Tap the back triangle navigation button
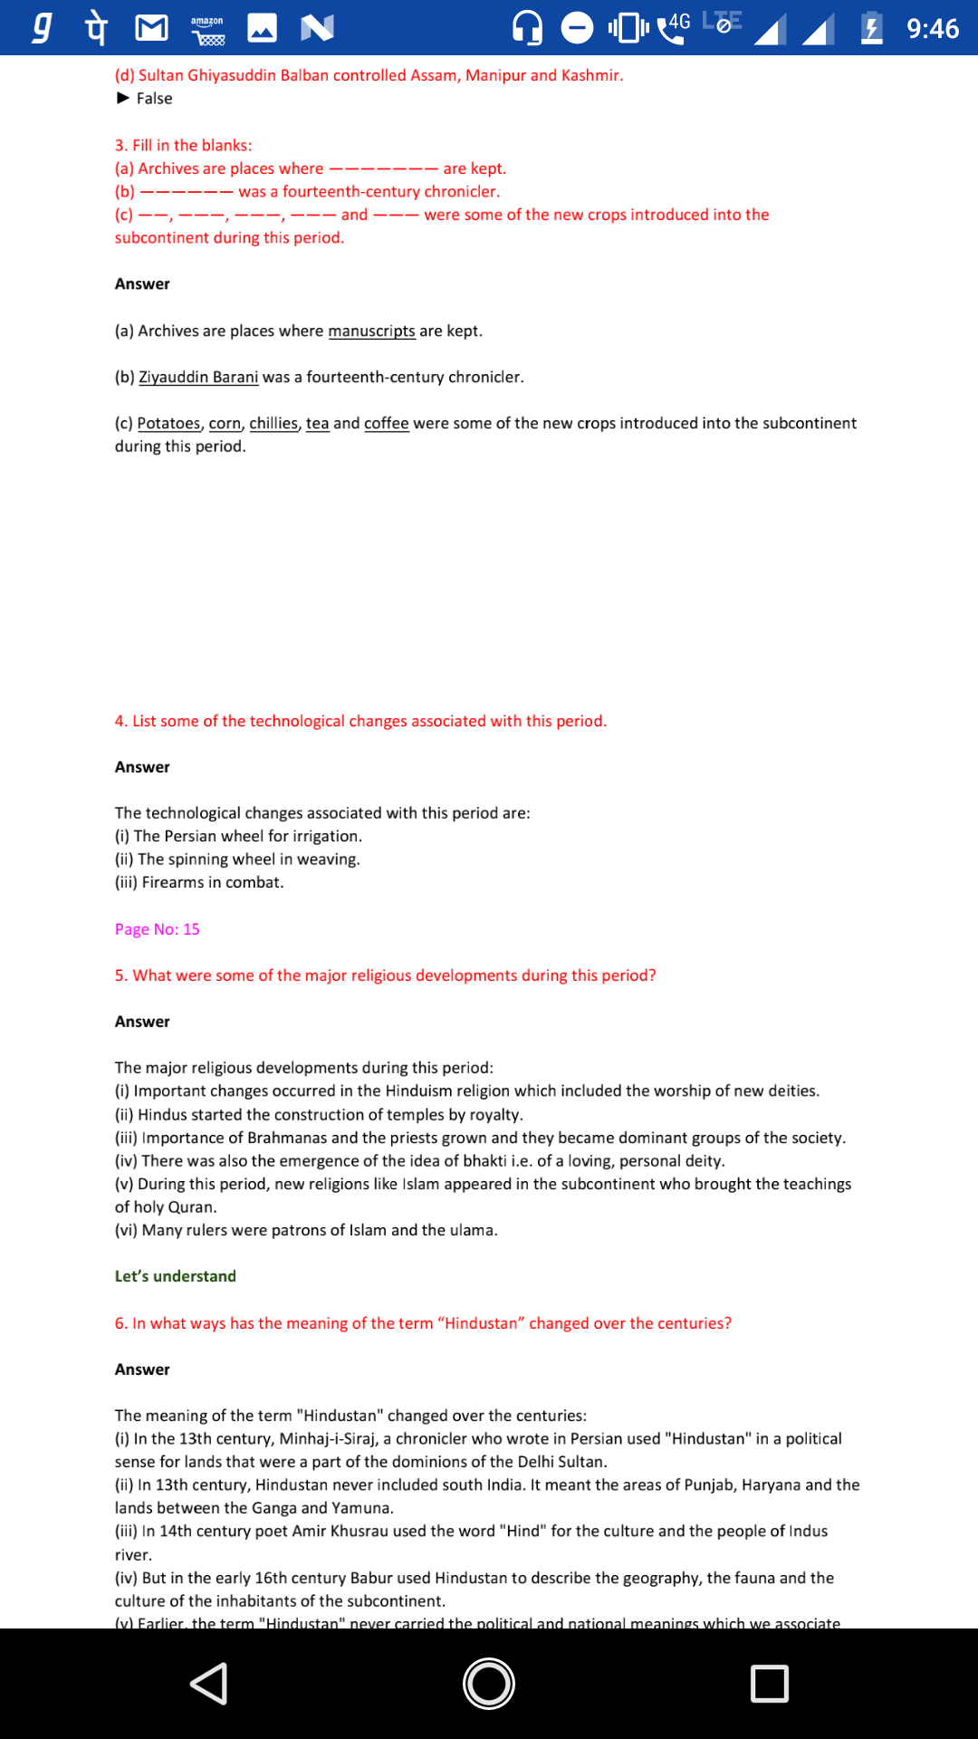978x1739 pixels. tap(209, 1684)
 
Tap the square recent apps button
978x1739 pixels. tap(769, 1684)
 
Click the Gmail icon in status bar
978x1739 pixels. tap(151, 28)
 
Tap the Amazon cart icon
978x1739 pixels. tap(207, 30)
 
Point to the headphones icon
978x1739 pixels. tap(527, 28)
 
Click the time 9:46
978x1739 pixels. tap(932, 29)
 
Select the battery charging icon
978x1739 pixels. tap(871, 28)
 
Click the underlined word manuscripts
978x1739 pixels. tap(371, 331)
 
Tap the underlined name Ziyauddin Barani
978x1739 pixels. tap(198, 378)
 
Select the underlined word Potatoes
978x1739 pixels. tap(168, 424)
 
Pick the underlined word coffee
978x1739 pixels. tap(386, 424)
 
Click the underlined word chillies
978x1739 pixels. tap(273, 424)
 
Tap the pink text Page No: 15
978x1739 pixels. tap(157, 929)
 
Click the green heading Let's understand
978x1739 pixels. tap(175, 1276)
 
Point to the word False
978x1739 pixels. tap(154, 99)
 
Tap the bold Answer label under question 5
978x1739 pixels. tap(142, 1022)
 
